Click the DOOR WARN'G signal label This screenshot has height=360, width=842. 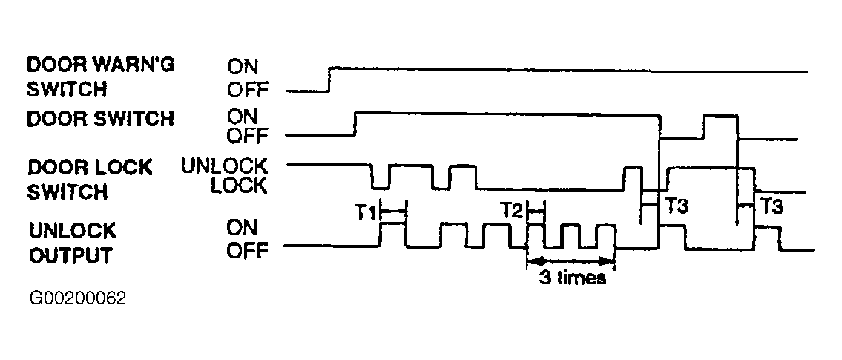(101, 65)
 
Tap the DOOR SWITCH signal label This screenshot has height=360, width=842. (100, 118)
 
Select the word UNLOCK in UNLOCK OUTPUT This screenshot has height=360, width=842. (73, 231)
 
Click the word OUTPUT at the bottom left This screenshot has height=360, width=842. (70, 255)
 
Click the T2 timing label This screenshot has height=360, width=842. (512, 211)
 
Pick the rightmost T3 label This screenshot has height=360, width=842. (771, 206)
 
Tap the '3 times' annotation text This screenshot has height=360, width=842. (572, 278)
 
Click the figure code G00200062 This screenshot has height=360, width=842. (78, 298)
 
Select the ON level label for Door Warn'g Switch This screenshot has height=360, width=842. (242, 67)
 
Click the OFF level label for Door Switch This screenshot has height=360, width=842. (247, 137)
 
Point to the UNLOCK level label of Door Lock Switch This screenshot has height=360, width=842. (224, 166)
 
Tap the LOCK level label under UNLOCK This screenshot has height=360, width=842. (238, 186)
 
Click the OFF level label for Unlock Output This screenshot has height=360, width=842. (247, 250)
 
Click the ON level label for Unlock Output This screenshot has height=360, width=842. (242, 228)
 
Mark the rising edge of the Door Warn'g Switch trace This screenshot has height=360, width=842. (329, 79)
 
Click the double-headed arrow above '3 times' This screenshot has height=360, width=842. (570, 261)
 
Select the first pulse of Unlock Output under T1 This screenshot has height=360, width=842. (393, 224)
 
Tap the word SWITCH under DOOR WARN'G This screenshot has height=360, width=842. (67, 89)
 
